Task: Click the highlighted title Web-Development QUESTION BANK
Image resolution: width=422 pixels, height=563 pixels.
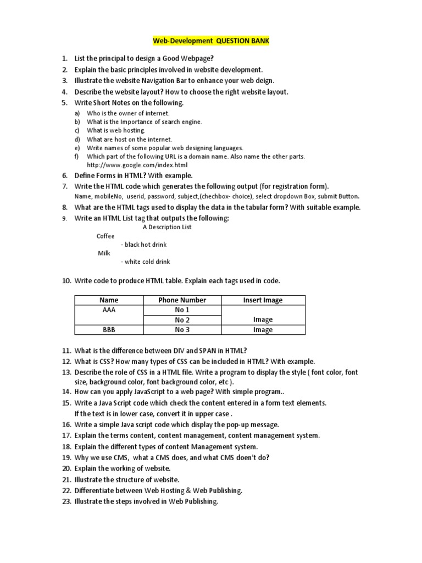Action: pyautogui.click(x=211, y=41)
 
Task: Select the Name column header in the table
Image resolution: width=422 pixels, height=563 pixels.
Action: pyautogui.click(x=109, y=300)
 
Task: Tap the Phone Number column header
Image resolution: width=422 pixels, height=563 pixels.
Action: pyautogui.click(x=182, y=300)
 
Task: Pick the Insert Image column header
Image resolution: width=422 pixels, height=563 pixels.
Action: pyautogui.click(x=263, y=300)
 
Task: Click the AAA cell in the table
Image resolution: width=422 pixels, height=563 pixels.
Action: pyautogui.click(x=109, y=310)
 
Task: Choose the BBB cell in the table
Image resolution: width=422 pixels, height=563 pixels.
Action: pyautogui.click(x=109, y=330)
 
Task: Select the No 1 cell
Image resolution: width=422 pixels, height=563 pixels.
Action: pyautogui.click(x=182, y=310)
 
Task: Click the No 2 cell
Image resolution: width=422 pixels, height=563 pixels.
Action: pyautogui.click(x=182, y=320)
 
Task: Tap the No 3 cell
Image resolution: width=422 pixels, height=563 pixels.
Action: pyautogui.click(x=182, y=330)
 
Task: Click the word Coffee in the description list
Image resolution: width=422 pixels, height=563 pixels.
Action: pyautogui.click(x=105, y=236)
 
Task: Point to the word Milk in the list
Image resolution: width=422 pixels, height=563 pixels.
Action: pyautogui.click(x=104, y=253)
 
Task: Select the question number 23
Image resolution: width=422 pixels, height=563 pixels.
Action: pyautogui.click(x=66, y=501)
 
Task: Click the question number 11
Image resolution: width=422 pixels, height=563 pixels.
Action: pyautogui.click(x=66, y=351)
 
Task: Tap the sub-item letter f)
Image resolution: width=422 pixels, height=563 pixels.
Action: pyautogui.click(x=77, y=157)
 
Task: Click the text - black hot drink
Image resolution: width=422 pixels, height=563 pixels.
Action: pyautogui.click(x=143, y=245)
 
